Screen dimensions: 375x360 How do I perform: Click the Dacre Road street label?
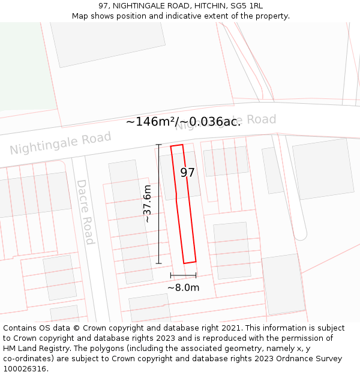85,212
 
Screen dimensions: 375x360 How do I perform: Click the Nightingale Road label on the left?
61,143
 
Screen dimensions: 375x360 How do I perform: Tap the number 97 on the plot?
187,173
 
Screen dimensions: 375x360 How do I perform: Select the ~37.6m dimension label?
147,204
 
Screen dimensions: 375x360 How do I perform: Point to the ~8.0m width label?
183,287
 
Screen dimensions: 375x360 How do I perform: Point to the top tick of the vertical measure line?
159,145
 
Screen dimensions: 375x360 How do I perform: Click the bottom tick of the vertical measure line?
159,263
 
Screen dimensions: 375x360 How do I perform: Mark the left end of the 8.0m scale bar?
171,275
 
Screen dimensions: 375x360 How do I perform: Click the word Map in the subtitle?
80,16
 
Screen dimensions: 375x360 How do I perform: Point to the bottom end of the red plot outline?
190,262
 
